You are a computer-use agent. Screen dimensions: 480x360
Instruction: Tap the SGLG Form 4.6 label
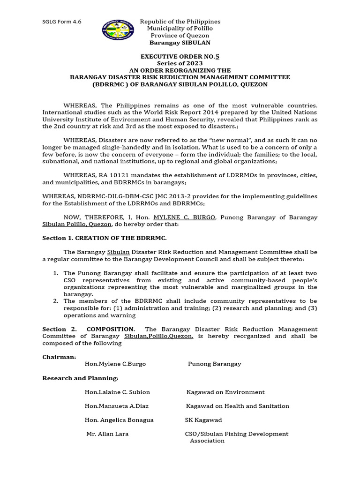point(61,22)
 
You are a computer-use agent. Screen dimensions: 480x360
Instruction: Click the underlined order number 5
point(217,56)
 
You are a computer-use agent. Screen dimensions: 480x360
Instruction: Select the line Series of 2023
point(180,63)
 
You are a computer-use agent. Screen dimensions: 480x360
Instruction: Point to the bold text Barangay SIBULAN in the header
point(180,43)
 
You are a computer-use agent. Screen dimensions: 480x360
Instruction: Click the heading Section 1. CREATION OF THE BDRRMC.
point(104,238)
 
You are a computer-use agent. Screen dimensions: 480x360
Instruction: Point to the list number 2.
point(55,301)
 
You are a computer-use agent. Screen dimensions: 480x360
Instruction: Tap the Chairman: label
point(59,357)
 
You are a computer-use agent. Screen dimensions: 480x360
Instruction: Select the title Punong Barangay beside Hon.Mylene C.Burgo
point(214,364)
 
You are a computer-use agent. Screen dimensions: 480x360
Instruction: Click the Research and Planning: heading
point(80,378)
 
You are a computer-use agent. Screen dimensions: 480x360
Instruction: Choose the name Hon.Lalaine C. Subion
point(117,392)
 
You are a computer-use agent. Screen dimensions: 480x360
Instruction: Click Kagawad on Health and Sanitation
point(237,406)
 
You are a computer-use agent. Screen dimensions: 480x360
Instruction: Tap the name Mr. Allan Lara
point(107,434)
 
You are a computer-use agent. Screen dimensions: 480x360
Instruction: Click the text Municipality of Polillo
point(180,29)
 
